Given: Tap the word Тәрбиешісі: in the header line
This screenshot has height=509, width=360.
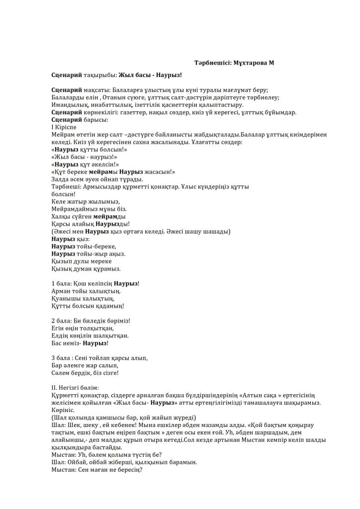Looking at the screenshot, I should click(212, 63).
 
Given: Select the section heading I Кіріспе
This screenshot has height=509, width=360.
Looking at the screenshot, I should click(65, 127).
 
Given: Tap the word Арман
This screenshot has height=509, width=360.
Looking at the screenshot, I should click(62, 291).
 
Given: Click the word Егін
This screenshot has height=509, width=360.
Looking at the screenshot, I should click(59, 328).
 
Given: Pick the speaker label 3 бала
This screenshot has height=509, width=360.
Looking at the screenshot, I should click(61, 357).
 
